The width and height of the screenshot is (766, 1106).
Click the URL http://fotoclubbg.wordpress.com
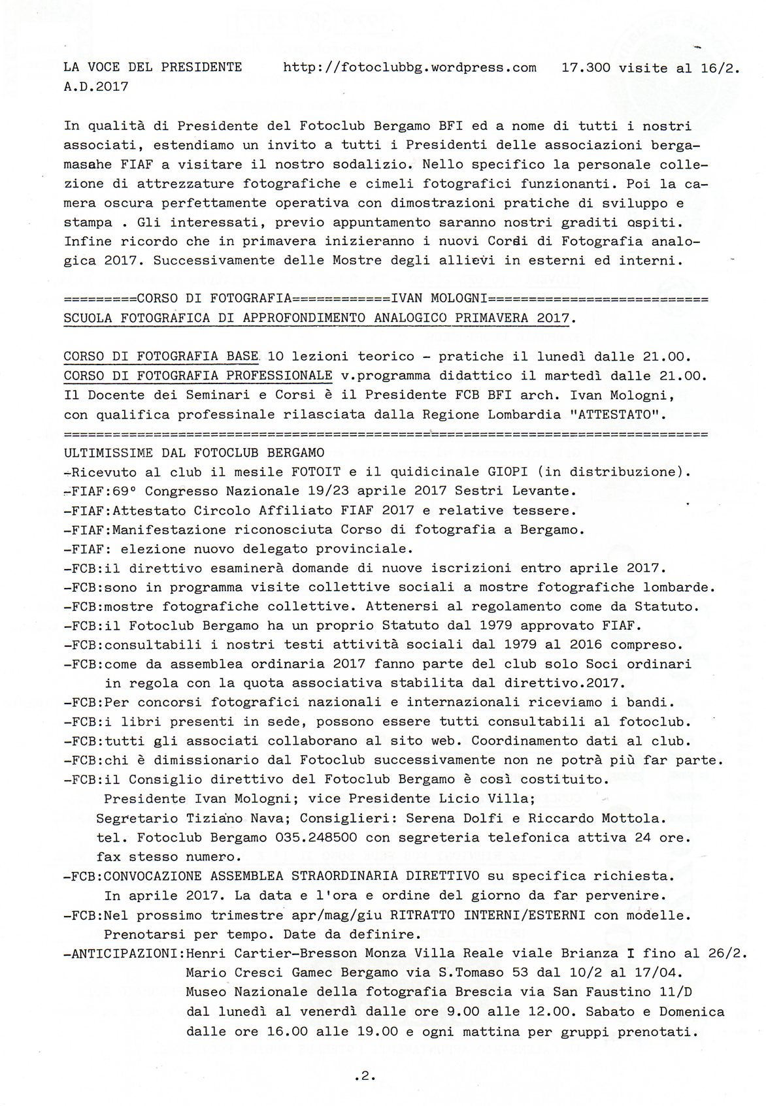coord(410,67)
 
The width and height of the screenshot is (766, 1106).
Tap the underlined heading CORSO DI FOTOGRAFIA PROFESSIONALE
coord(197,376)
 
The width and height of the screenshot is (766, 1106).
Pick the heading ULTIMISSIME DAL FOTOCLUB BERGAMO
coord(193,453)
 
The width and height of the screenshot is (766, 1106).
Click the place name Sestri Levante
coord(508,491)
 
